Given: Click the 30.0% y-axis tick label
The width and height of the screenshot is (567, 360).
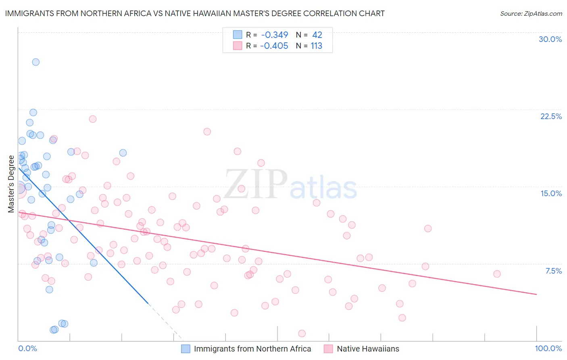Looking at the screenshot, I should coord(550,39).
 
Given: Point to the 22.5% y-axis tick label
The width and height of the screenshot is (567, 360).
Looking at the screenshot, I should coord(551,116).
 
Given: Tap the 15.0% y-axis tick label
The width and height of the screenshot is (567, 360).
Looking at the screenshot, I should coord(551,193).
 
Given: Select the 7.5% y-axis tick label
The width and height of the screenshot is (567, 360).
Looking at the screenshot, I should coord(553,271).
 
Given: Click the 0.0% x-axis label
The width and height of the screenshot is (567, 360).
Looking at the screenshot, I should coord(27,348).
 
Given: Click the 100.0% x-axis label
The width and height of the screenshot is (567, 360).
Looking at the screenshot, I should coord(548,348).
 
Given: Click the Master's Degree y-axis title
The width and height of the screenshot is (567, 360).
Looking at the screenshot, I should coord(11,184).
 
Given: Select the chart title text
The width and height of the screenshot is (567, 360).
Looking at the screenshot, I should coord(195,13).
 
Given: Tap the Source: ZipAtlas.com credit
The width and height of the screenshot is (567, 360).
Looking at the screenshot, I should coord(531,13).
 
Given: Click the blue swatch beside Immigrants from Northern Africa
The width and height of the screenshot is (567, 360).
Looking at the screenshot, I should coord(186,349).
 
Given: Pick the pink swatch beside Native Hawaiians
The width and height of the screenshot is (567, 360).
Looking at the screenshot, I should coord(328,349).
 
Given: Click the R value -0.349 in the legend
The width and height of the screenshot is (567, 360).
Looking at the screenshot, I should coord(274,35).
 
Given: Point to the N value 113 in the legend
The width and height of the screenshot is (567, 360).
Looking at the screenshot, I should coord(316,46).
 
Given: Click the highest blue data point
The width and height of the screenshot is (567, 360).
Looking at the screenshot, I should coord(36,62).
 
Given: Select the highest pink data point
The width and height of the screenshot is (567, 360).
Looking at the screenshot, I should coord(93,119).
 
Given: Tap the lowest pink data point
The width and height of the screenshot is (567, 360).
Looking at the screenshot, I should coord(302,333).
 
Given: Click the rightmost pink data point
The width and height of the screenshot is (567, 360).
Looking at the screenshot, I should coord(497,274).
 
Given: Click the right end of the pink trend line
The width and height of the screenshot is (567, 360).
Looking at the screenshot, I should coord(536,295).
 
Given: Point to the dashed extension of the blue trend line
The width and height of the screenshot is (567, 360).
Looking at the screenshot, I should coord(165,321).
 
